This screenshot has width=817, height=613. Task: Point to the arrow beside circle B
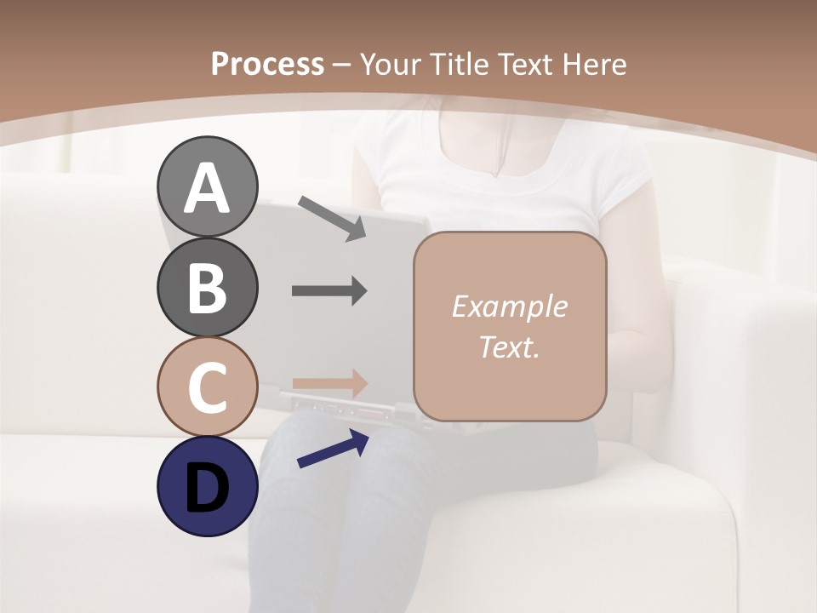329,291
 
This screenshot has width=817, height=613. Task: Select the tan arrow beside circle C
329,383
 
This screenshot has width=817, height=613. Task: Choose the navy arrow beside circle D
333,449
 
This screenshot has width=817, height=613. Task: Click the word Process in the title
267,64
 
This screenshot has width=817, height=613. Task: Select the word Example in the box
509,306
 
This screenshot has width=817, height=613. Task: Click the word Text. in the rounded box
509,347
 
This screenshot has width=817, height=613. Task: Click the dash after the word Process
341,65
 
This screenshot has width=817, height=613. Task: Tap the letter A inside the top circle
207,188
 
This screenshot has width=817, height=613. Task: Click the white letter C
207,387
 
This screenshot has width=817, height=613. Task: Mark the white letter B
207,288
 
